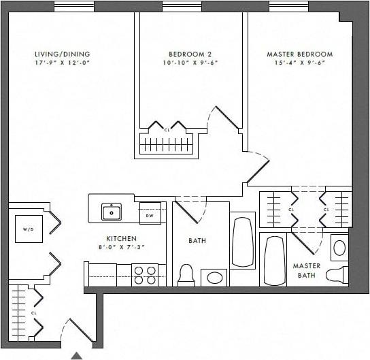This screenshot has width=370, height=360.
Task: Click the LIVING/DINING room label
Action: (x=63, y=54)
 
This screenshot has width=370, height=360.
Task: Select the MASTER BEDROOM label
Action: (x=299, y=54)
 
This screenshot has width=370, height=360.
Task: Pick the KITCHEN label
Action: (x=122, y=239)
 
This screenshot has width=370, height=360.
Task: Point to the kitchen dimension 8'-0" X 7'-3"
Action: (x=122, y=248)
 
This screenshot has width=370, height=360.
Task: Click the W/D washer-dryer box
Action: (x=29, y=229)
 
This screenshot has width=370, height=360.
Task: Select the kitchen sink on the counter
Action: (x=112, y=212)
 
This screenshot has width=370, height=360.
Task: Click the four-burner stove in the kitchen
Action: (x=145, y=274)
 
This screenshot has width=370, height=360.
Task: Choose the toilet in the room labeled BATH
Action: (x=186, y=275)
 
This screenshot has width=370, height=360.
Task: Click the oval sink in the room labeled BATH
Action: (x=215, y=278)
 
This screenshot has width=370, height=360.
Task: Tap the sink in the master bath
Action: (x=339, y=247)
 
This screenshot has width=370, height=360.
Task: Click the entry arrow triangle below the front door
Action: (x=78, y=355)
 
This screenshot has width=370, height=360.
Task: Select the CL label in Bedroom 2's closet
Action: (x=167, y=129)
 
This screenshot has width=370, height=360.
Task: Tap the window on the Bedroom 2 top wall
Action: (x=182, y=6)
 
